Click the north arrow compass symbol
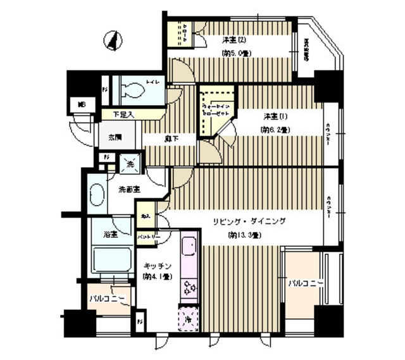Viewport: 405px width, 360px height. click(x=113, y=41)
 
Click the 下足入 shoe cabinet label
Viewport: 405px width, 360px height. click(x=123, y=115)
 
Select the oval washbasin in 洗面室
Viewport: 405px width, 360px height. click(x=97, y=194)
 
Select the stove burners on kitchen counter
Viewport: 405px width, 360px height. click(x=189, y=289)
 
